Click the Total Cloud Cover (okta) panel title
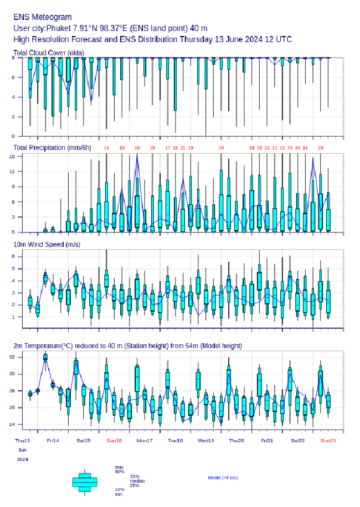click(48, 53)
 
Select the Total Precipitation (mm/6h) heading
click(53, 148)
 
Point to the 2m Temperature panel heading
click(127, 346)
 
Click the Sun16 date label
click(114, 441)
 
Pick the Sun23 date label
click(328, 441)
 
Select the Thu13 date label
click(22, 441)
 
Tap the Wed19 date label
click(206, 441)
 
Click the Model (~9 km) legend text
click(223, 478)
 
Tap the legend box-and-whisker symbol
click(84, 482)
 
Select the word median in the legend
click(137, 481)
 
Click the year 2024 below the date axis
click(22, 459)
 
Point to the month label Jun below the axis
click(22, 450)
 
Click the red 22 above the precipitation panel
click(267, 148)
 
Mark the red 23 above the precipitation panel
click(282, 148)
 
